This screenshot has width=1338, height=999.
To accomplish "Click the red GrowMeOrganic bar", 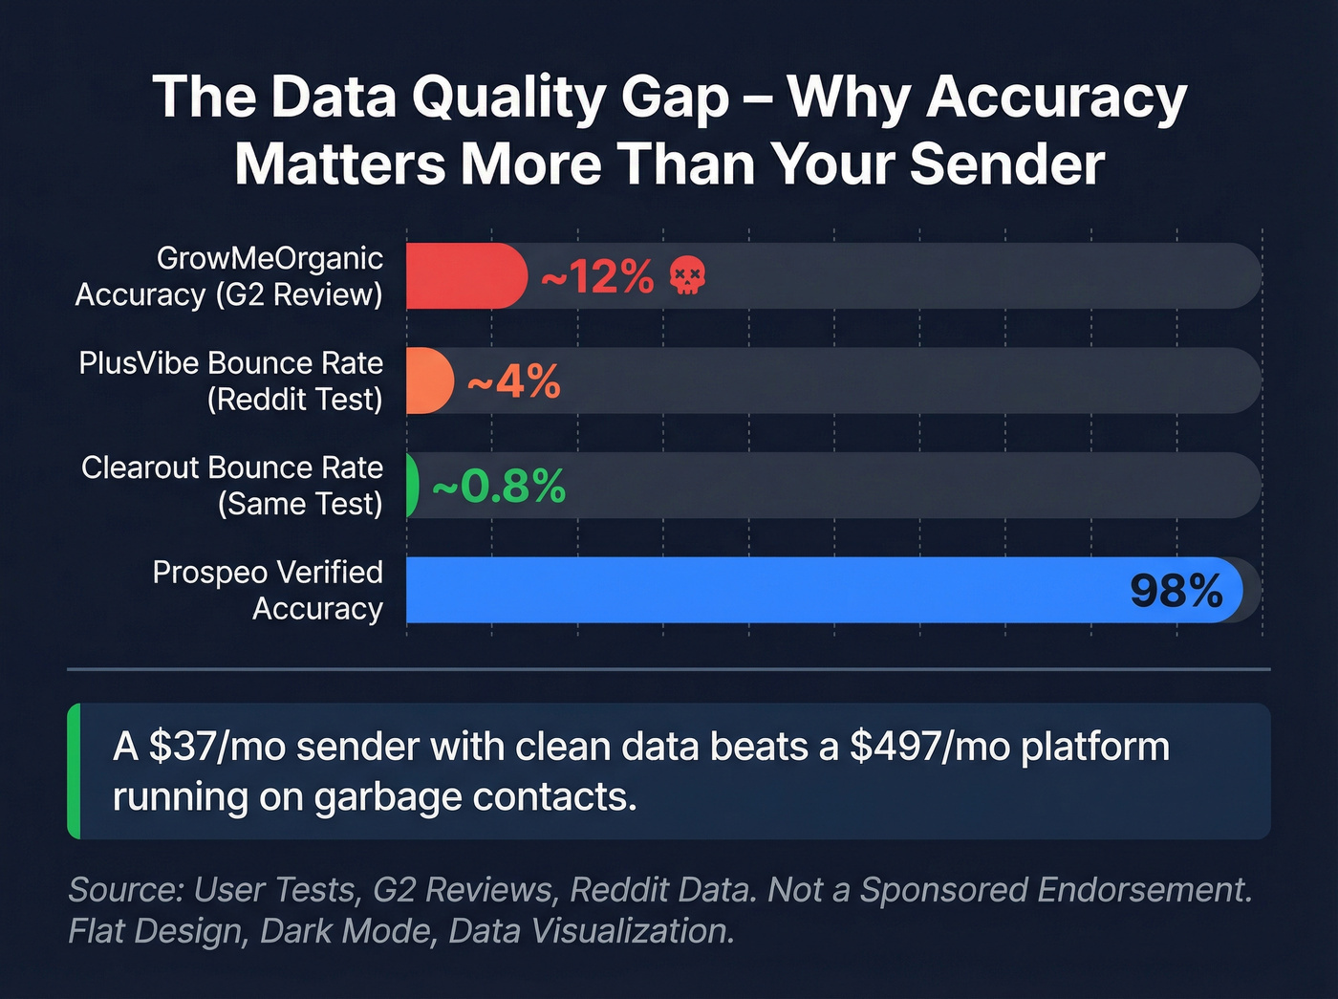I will (x=464, y=276).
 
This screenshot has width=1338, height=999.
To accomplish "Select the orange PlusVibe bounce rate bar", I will (x=429, y=380).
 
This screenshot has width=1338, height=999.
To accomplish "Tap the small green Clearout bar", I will (x=412, y=486).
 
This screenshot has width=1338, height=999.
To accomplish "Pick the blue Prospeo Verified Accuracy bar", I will (x=765, y=590).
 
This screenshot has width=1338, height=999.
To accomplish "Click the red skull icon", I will (x=687, y=276).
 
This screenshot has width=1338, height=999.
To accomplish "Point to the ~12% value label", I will (x=597, y=277).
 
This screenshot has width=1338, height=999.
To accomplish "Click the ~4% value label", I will (x=514, y=381).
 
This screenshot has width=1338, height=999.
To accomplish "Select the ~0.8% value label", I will (x=499, y=487).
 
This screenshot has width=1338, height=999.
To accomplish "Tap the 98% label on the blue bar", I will (x=1176, y=591).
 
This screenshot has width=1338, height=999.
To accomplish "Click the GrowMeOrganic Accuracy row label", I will (x=229, y=276).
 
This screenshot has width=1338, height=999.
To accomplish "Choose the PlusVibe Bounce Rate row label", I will (x=231, y=380).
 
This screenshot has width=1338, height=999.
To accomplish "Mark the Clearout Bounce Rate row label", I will (x=232, y=486).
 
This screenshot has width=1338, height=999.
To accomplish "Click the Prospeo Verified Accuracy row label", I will (x=269, y=590).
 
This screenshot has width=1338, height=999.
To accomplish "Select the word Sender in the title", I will (x=1007, y=164).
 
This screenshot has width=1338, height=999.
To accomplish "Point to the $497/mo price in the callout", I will (x=930, y=747).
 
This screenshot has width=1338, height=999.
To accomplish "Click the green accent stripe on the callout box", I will (x=75, y=771).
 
